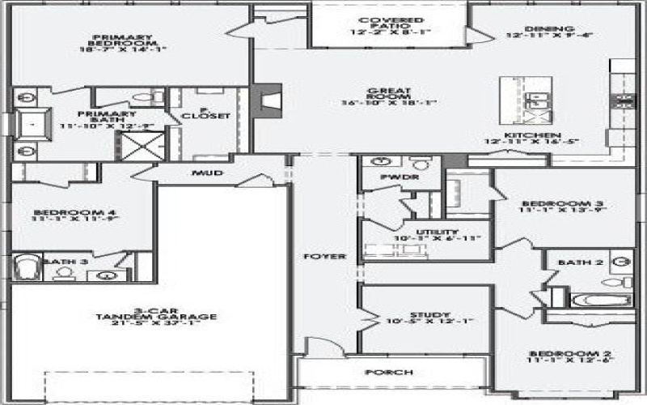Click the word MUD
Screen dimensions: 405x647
207,173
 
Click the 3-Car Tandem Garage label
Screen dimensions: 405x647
145,317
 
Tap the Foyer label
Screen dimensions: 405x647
325,257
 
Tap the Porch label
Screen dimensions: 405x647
389,373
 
